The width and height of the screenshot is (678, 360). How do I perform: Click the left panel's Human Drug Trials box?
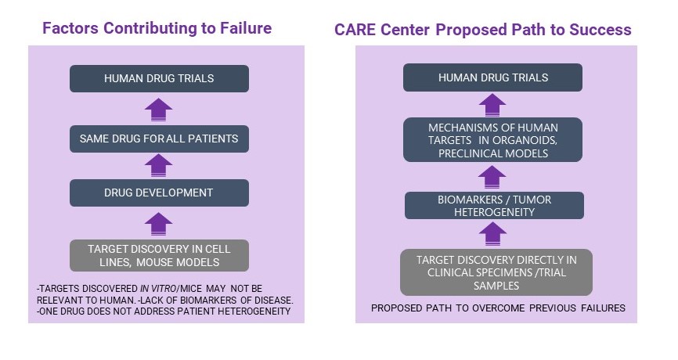(x=159, y=79)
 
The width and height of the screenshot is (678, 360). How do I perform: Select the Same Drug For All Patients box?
(x=159, y=139)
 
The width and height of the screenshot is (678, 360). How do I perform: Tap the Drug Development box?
(x=159, y=193)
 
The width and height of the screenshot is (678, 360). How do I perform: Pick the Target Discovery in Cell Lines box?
(x=159, y=255)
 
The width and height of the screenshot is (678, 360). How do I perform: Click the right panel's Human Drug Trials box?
(x=492, y=77)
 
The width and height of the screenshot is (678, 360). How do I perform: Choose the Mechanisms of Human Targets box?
(x=492, y=140)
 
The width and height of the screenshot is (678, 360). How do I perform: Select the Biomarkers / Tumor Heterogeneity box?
(x=494, y=206)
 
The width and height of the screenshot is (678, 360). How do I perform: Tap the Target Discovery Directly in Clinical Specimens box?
(x=496, y=272)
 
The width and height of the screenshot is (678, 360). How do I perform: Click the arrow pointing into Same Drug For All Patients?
(x=159, y=166)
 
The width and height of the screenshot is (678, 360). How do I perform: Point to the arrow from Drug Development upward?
(x=159, y=166)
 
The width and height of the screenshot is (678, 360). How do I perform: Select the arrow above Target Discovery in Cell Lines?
(x=159, y=224)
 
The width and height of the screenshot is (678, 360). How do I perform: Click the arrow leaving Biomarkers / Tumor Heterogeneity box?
(x=492, y=177)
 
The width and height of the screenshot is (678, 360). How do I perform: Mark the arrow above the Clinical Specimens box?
(x=492, y=234)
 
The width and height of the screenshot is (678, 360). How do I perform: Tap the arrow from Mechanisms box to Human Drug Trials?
(x=492, y=105)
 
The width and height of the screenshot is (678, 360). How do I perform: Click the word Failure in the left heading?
(x=246, y=28)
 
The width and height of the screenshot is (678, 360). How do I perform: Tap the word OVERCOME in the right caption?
(x=499, y=308)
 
